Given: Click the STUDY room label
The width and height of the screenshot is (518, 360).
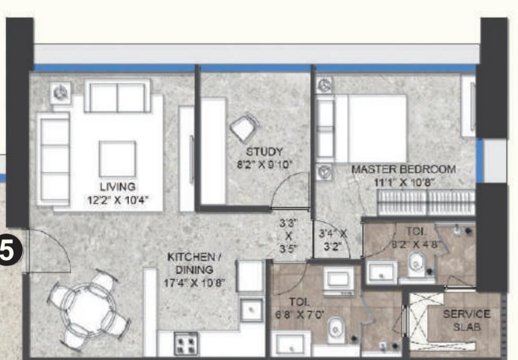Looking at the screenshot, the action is (264, 152).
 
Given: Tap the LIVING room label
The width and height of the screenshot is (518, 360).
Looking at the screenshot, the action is (118, 186).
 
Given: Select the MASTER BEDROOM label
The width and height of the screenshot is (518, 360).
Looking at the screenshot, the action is (404, 169).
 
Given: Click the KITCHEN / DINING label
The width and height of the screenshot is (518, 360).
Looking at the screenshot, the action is (194, 263).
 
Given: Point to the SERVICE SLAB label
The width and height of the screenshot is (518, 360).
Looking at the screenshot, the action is (467, 320).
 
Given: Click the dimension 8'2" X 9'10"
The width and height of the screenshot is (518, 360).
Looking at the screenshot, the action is (265, 164).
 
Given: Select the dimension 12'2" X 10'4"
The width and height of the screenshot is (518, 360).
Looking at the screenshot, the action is (118, 200).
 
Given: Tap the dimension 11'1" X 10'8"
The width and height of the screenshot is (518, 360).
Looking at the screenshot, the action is (404, 182).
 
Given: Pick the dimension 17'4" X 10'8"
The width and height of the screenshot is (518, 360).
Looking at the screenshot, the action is (195, 283).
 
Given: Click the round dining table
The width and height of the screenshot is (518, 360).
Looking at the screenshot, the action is (89, 309).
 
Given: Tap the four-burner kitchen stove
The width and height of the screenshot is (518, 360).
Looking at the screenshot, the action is (186, 344).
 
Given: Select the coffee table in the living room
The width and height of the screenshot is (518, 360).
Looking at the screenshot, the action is (118, 159).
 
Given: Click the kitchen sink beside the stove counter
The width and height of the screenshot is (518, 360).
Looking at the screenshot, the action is (251, 310).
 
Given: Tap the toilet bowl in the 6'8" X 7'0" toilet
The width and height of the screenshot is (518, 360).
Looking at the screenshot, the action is (336, 330).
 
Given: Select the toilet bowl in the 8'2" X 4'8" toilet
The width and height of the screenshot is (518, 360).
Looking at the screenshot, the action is (416, 264).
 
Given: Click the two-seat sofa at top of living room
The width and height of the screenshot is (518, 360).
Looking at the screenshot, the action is (118, 96).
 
